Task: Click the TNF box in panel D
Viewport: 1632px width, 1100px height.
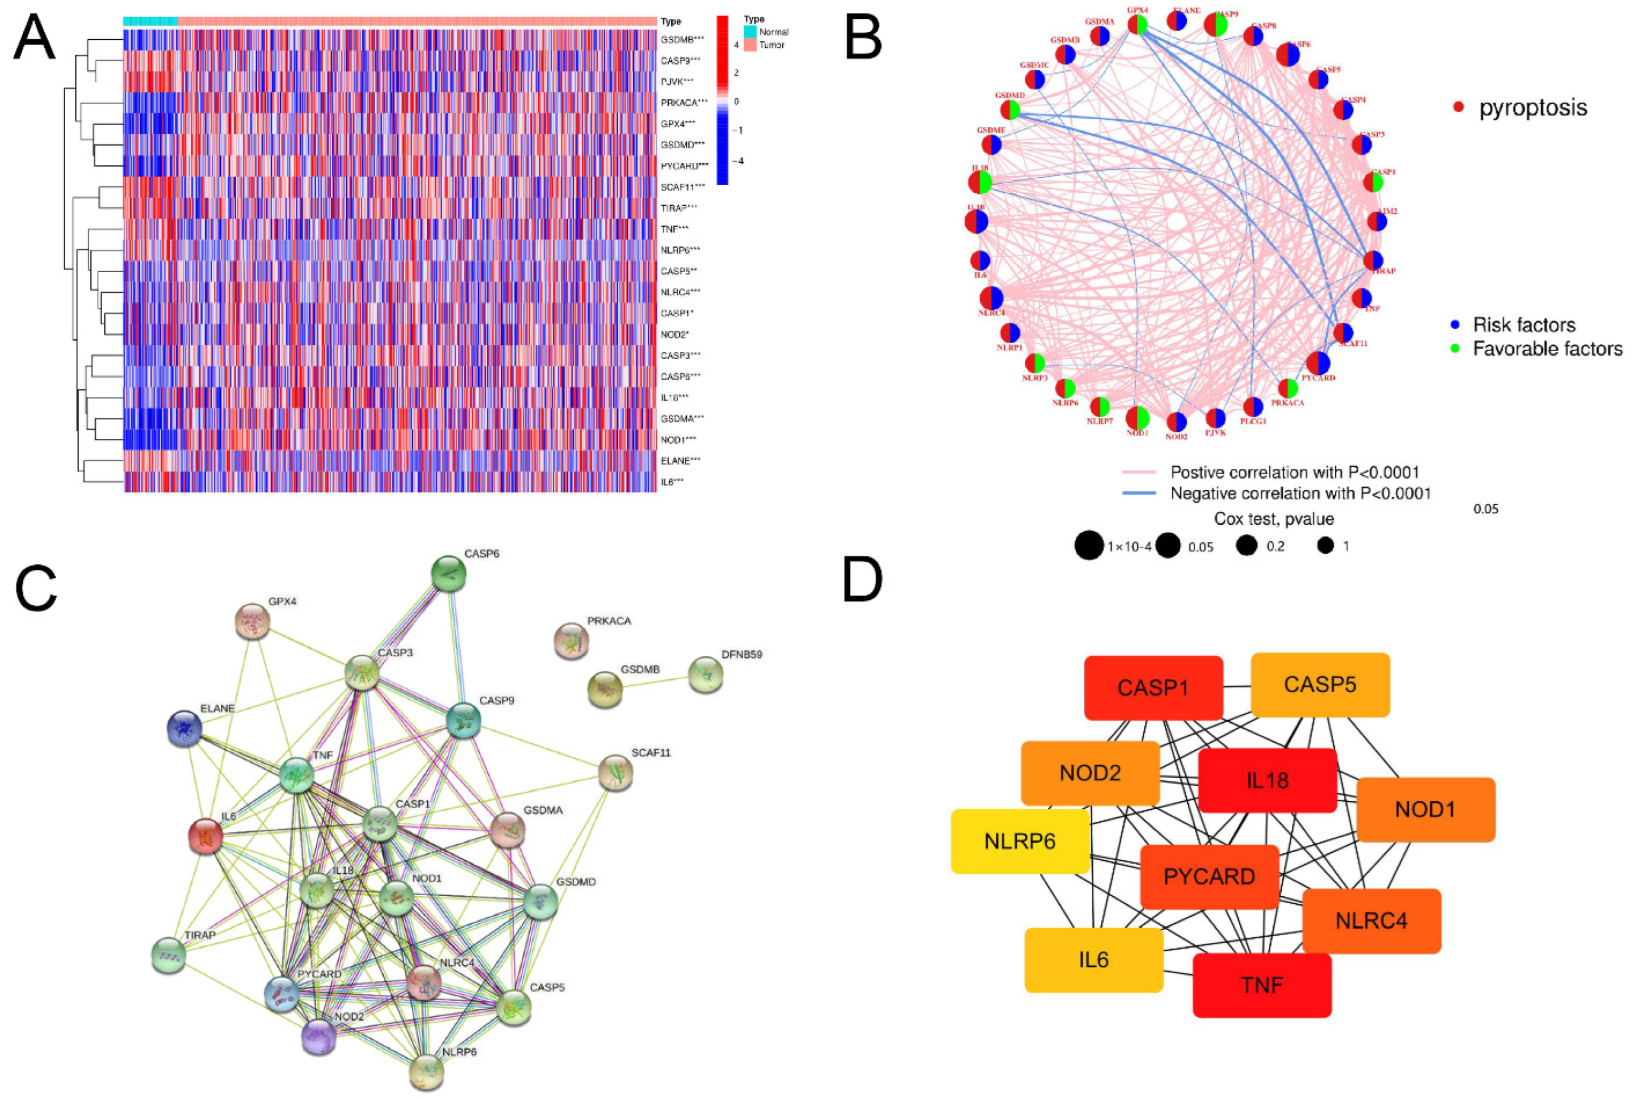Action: point(1262,985)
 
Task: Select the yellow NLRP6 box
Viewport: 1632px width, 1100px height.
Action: point(1020,841)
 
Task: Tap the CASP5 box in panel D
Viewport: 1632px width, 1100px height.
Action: point(1320,685)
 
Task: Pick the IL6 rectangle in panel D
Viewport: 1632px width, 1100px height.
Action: point(1093,960)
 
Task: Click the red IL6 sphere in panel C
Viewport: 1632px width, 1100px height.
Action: point(205,836)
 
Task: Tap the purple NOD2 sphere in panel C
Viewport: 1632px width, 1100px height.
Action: point(318,1037)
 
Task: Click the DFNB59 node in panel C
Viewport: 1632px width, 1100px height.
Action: point(705,675)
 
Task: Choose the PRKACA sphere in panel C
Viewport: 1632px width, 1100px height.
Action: point(571,640)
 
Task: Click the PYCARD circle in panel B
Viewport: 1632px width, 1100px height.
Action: point(1318,363)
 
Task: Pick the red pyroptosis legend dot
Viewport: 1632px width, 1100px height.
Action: point(1458,107)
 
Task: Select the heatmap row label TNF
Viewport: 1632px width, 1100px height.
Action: point(673,229)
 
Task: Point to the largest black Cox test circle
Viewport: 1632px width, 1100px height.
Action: point(1089,545)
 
